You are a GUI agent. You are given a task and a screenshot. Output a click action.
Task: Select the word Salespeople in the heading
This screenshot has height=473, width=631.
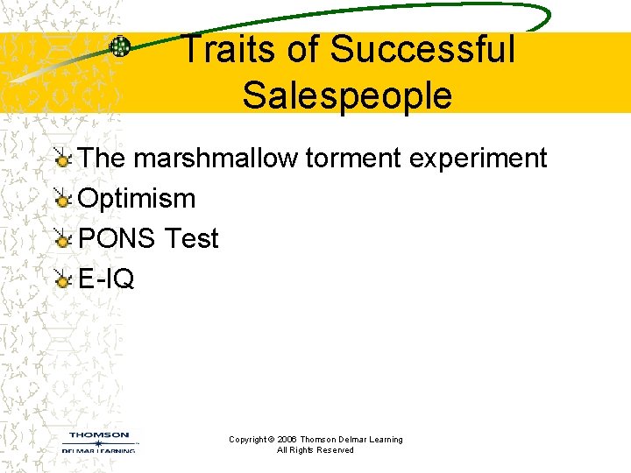click(347, 95)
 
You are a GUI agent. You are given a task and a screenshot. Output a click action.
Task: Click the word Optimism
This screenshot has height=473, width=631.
click(137, 199)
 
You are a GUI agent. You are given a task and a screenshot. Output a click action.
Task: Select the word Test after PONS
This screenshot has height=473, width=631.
click(191, 238)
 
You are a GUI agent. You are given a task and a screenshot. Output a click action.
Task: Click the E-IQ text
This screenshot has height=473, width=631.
click(106, 279)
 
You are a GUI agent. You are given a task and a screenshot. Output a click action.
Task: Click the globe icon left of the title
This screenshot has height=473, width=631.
click(120, 47)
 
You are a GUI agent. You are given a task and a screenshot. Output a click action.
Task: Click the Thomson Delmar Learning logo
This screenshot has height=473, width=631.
click(99, 441)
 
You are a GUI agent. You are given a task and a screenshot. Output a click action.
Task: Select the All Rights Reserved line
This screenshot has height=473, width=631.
click(315, 450)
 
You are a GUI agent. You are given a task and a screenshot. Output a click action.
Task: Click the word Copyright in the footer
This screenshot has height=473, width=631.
click(247, 440)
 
